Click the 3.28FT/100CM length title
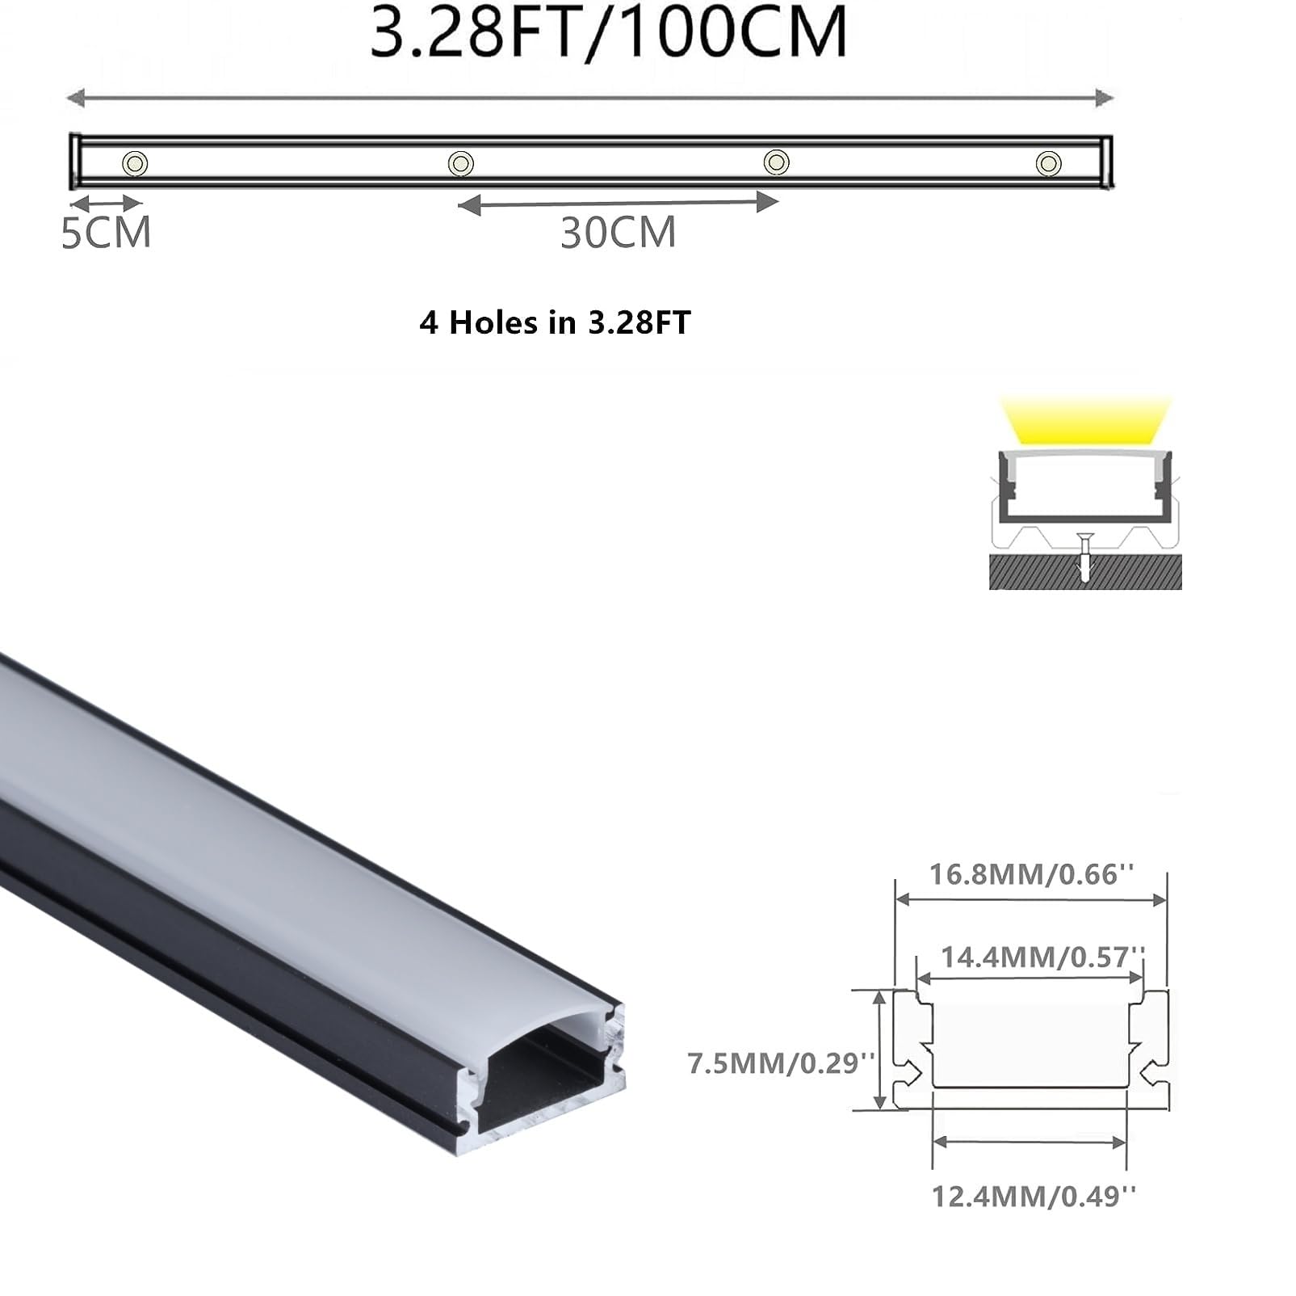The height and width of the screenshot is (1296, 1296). click(609, 32)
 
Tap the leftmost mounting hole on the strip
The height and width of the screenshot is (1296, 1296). click(135, 163)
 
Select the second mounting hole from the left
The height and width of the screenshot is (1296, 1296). click(460, 163)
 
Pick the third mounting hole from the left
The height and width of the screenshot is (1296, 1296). click(777, 162)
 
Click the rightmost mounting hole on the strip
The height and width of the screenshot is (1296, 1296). click(1048, 163)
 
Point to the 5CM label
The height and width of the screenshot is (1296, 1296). click(106, 233)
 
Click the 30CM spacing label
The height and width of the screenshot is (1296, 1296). click(619, 233)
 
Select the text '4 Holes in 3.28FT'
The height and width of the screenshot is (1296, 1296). click(555, 322)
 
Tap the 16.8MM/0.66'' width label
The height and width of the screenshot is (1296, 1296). click(1031, 874)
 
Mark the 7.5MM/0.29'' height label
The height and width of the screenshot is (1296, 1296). click(781, 1062)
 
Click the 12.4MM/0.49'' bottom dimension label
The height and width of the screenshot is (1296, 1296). click(1034, 1196)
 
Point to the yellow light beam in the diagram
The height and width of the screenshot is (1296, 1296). click(1085, 420)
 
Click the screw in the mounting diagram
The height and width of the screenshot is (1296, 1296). click(1085, 558)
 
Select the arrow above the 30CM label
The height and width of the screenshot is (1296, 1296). click(619, 203)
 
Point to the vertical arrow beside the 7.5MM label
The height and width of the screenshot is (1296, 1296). click(881, 1050)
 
